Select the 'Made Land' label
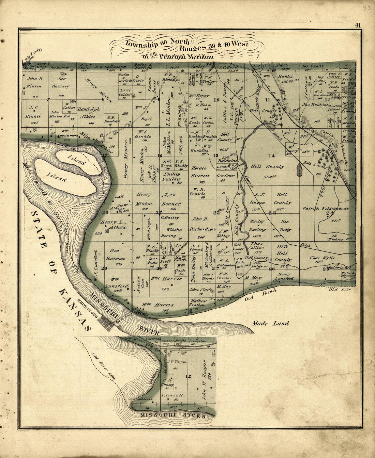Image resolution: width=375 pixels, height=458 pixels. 271,323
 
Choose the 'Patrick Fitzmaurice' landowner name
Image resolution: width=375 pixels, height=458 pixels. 326,208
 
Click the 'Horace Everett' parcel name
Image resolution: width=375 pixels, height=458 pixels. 200,172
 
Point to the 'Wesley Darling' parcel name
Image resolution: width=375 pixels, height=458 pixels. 257,225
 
